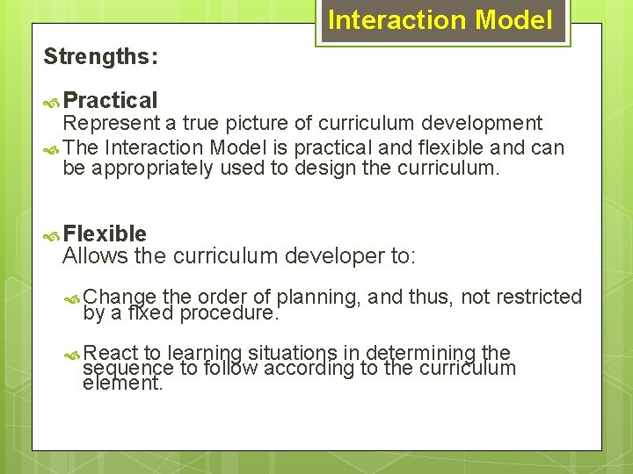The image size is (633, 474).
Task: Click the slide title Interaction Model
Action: (440, 20)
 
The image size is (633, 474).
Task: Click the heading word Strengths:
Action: (101, 57)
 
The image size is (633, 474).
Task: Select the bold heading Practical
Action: (111, 101)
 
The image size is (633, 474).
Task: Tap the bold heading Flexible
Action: (105, 233)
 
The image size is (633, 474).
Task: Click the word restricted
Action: (537, 298)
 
